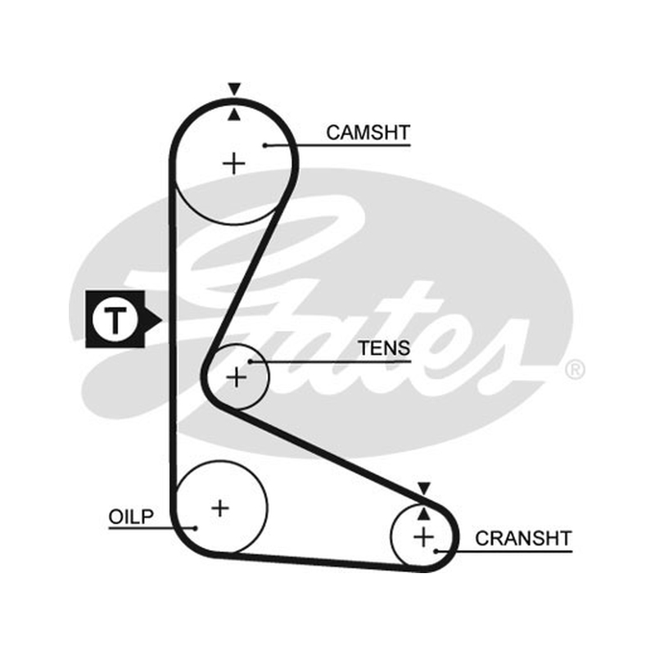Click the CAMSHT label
tap(368, 133)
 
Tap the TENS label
tap(384, 348)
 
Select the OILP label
tap(131, 517)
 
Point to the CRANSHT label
tap(523, 539)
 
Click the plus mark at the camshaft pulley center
tap(234, 163)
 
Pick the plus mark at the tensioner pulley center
tap(237, 377)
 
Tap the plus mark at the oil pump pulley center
tap(220, 508)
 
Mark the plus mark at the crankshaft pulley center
tap(423, 537)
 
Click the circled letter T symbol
tap(115, 319)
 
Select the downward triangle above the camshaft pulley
tap(234, 88)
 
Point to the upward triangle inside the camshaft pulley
tap(234, 115)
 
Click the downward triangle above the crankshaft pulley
tap(424, 488)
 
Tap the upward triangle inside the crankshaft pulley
tap(423, 514)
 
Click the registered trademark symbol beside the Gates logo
tap(576, 370)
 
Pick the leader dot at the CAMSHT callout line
tap(264, 146)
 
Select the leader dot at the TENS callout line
tap(251, 361)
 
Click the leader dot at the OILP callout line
tap(195, 528)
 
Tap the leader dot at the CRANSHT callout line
tap(436, 551)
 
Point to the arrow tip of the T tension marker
tap(161, 320)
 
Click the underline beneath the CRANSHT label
tap(504, 551)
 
